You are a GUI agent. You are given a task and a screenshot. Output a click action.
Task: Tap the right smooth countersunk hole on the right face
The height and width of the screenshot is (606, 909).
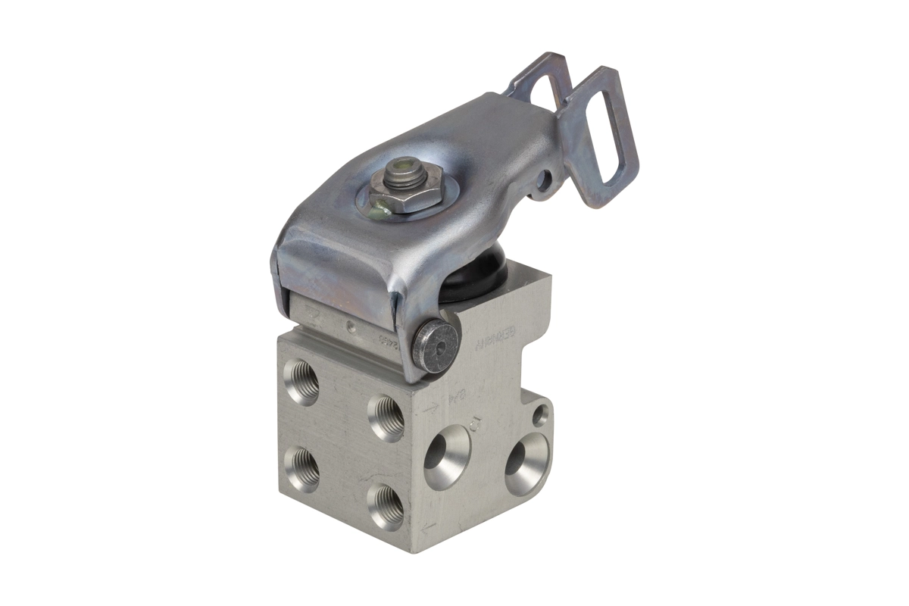click(526, 464)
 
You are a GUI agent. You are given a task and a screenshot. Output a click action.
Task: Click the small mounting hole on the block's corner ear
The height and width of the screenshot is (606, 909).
click(539, 414)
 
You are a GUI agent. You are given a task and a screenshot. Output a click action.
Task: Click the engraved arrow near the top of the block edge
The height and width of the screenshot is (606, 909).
click(430, 408)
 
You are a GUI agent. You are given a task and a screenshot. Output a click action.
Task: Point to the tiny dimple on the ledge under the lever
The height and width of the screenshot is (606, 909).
click(350, 327)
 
